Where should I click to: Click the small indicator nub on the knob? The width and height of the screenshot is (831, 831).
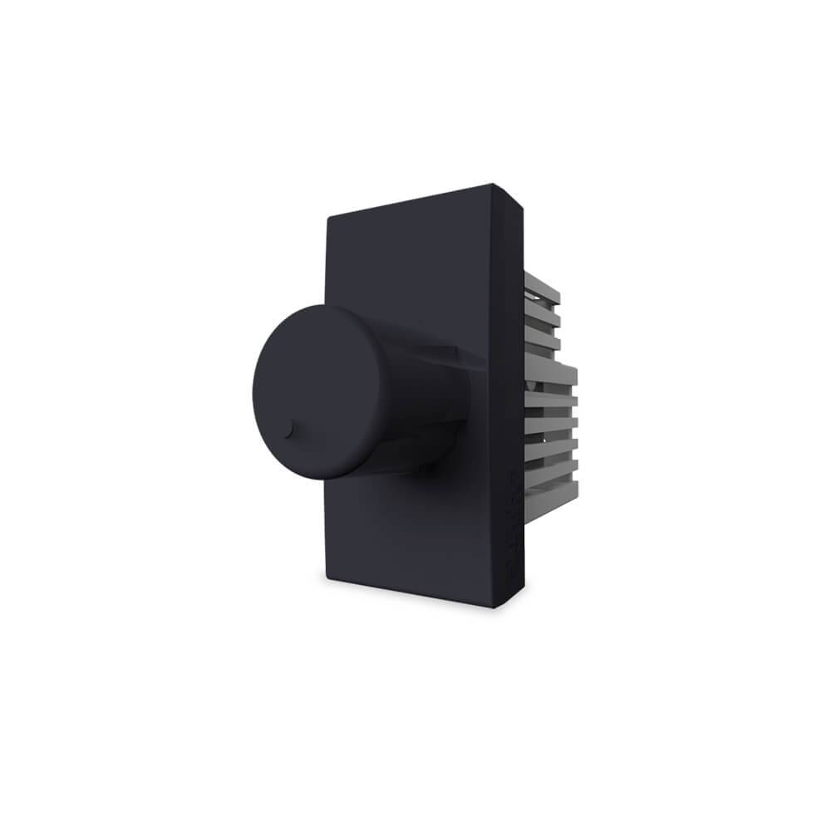click(x=288, y=430)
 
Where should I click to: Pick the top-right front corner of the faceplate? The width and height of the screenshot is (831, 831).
click(x=493, y=185)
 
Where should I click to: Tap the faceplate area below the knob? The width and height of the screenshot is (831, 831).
click(x=407, y=532)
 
